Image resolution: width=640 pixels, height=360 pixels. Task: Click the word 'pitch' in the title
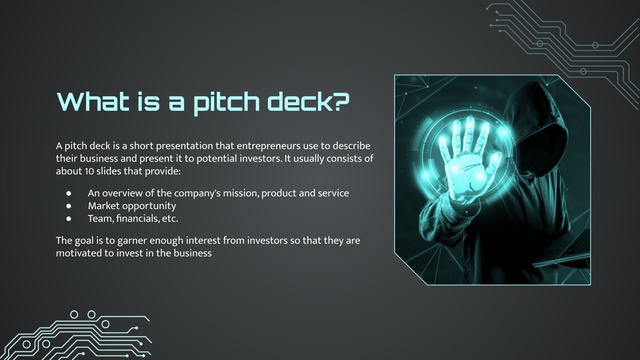point(226,102)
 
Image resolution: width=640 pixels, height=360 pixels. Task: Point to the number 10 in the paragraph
point(89,171)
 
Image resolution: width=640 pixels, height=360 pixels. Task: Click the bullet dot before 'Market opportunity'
point(69,206)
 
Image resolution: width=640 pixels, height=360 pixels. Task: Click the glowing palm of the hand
point(464,172)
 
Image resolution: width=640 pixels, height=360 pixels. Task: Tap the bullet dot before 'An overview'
point(69,193)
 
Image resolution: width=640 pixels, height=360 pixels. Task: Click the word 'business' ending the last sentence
point(192,253)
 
